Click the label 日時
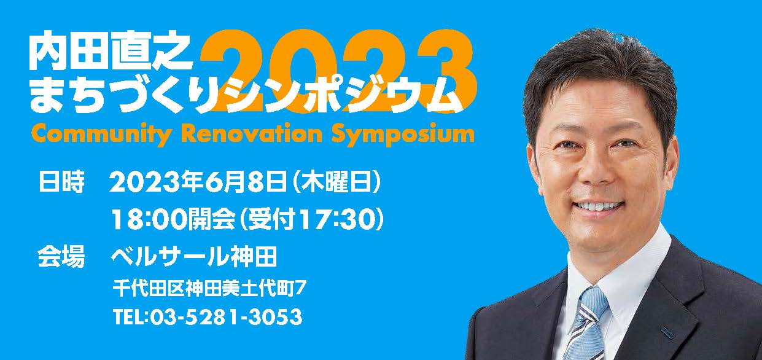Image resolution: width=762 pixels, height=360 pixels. click(61, 182)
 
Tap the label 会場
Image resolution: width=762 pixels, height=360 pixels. click(61, 257)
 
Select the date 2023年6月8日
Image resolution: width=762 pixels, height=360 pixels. click(198, 182)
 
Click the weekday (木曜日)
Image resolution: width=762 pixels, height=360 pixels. click(335, 182)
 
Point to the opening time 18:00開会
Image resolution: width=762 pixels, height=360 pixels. click(174, 219)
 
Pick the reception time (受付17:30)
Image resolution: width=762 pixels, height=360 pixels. click(312, 219)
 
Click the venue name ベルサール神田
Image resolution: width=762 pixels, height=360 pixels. click(194, 257)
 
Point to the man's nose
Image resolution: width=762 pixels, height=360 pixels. click(594, 170)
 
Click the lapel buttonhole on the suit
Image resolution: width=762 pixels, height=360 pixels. click(666, 332)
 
